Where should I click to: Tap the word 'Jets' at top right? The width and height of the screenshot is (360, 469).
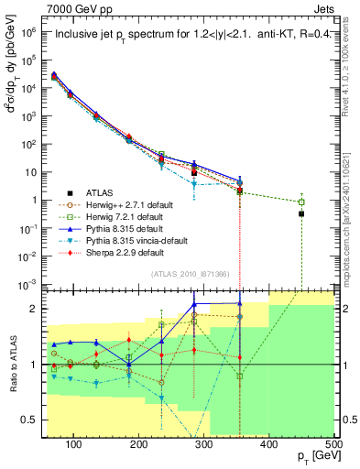click(324, 8)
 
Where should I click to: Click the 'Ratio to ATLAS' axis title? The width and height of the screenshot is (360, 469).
click(13, 365)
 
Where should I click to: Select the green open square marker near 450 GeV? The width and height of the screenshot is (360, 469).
click(301, 202)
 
